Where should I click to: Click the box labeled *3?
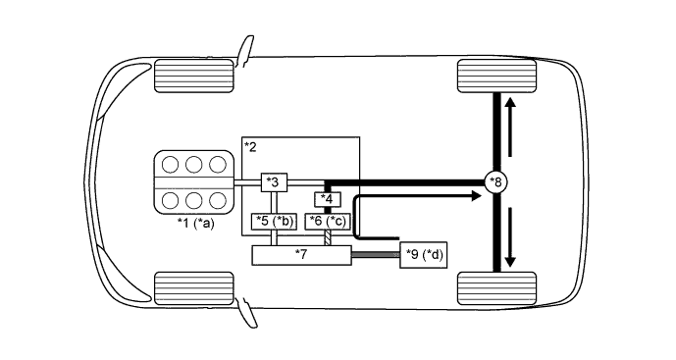[x=274, y=182]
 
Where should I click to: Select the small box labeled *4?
[x=328, y=200]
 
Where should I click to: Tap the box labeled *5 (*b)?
[x=275, y=222]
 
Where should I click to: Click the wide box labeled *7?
[x=302, y=255]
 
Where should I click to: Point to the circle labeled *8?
[x=498, y=181]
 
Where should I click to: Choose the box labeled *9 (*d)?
[x=425, y=255]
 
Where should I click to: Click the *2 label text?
[x=250, y=147]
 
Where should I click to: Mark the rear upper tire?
[x=497, y=75]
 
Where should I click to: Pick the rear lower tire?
[x=497, y=287]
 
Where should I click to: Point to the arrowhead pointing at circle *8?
[x=476, y=196]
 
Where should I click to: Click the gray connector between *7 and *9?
[x=375, y=255]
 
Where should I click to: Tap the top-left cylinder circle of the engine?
[x=170, y=164]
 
